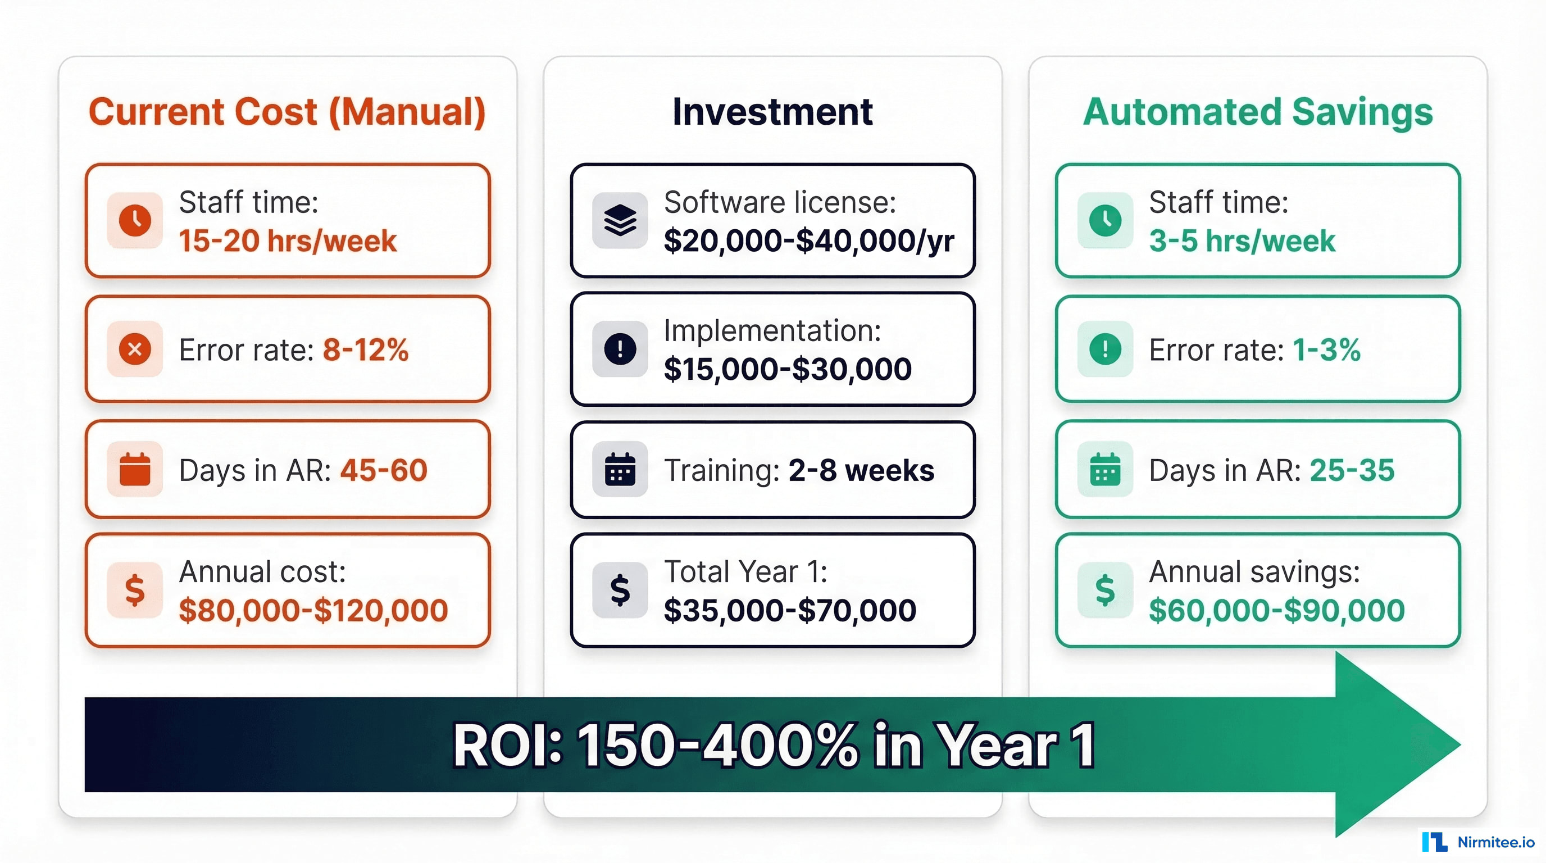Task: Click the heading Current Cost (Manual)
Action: pos(287,112)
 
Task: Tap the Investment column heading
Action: pos(772,112)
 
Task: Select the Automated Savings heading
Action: pos(1257,112)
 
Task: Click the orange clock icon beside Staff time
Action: pos(134,220)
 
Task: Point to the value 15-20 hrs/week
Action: pos(288,241)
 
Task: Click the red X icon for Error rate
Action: pos(134,349)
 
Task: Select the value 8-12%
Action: pos(366,349)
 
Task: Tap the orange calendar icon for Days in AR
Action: pos(134,469)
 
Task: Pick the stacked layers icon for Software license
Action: pos(620,220)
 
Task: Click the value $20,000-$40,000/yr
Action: pos(808,241)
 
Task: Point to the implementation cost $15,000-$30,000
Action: pos(788,369)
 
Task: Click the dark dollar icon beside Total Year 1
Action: pos(620,590)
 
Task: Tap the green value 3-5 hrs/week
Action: pos(1242,241)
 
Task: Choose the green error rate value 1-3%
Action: pos(1326,349)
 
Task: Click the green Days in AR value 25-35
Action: pos(1352,470)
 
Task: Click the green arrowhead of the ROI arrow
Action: pos(1393,744)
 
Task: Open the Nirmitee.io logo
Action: pos(1477,842)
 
